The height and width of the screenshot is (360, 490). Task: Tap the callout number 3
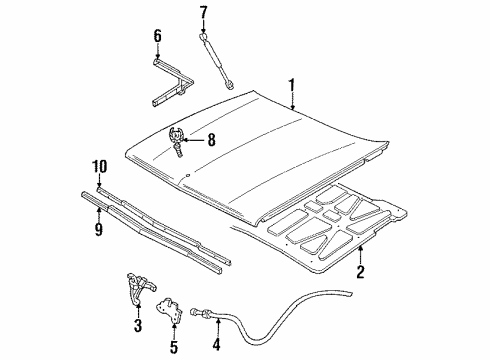(138, 326)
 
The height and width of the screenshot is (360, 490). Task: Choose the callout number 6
(157, 38)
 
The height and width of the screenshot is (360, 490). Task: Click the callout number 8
(211, 140)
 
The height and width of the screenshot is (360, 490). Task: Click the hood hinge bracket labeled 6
(162, 80)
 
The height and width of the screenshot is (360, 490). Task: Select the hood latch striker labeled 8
(178, 139)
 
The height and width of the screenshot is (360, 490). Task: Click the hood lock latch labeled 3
(136, 289)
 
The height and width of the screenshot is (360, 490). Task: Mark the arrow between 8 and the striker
(196, 140)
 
